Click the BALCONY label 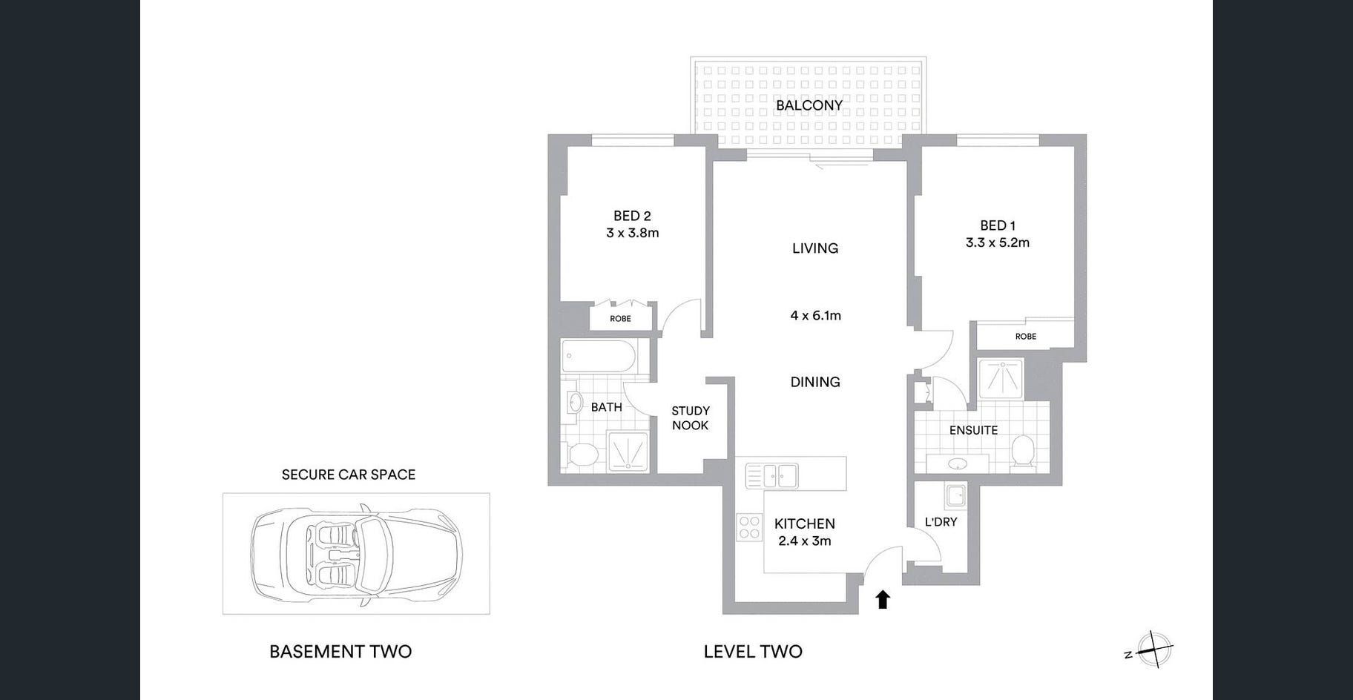click(809, 105)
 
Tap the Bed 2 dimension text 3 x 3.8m click(632, 233)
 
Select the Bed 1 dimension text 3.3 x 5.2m click(998, 242)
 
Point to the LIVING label click(815, 248)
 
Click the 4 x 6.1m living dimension click(815, 316)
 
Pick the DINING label click(815, 382)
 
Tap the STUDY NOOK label click(691, 418)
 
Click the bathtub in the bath click(598, 357)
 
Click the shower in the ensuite click(1000, 379)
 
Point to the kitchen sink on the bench click(771, 475)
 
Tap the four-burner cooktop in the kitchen click(750, 526)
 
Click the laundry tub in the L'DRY click(955, 494)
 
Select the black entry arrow click(883, 599)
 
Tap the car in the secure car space click(356, 554)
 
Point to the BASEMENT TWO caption click(340, 652)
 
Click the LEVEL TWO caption click(753, 652)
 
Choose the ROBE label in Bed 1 click(1026, 337)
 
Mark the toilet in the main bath click(583, 454)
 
